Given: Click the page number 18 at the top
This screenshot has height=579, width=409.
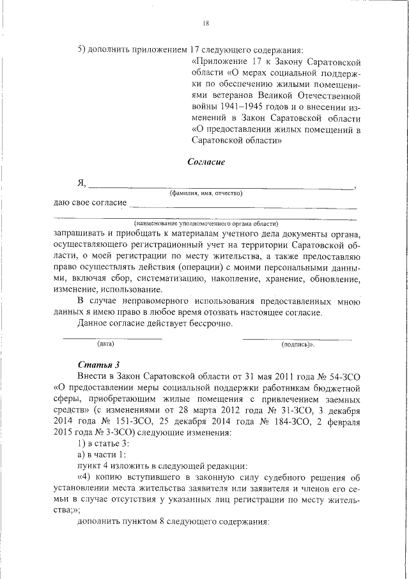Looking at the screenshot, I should click(x=206, y=24).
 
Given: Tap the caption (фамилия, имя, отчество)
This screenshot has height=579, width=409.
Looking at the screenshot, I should click(x=205, y=193).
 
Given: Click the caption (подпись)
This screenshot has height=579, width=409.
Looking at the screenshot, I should click(x=298, y=344).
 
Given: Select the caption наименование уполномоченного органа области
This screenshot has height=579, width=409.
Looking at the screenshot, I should click(x=206, y=224).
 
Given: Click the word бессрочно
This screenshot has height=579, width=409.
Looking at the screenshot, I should click(x=210, y=324).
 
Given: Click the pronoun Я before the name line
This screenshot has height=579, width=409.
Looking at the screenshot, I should click(x=81, y=184).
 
